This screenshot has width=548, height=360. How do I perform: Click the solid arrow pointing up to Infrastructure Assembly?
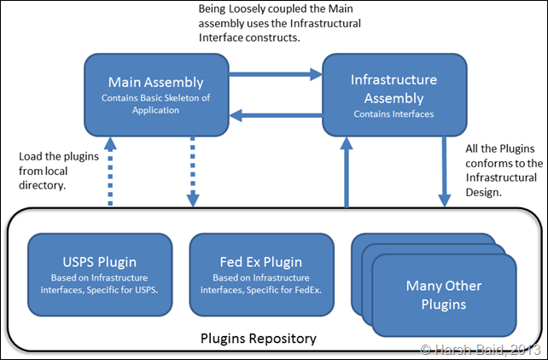346,171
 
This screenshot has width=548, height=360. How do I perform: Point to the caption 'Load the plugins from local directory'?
53,171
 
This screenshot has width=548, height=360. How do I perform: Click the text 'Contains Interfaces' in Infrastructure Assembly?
394,113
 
